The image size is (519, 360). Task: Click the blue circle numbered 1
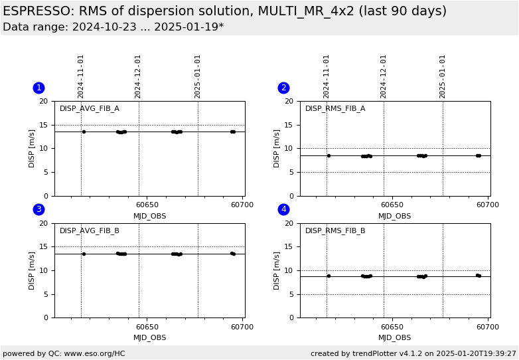pyautogui.click(x=38, y=88)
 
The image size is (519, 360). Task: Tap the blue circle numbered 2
pyautogui.click(x=283, y=88)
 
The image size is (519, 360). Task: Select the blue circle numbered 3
pyautogui.click(x=38, y=209)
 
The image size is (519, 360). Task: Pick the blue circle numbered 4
pyautogui.click(x=283, y=209)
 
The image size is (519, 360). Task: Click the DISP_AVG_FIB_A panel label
pyautogui.click(x=90, y=109)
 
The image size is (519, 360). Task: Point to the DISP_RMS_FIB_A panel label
pyautogui.click(x=335, y=109)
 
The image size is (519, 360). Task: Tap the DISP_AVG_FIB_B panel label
pyautogui.click(x=90, y=231)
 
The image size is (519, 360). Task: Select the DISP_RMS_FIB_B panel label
pyautogui.click(x=335, y=231)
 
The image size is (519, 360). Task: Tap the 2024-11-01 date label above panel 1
pyautogui.click(x=81, y=76)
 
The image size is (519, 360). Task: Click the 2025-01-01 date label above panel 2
pyautogui.click(x=443, y=76)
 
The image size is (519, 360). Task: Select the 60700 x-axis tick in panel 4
pyautogui.click(x=488, y=327)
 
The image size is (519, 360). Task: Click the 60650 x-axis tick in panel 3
pyautogui.click(x=147, y=327)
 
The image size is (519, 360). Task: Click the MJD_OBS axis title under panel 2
pyautogui.click(x=395, y=216)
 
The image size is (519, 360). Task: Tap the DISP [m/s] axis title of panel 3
pyautogui.click(x=32, y=270)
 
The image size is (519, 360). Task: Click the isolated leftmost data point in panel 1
pyautogui.click(x=84, y=132)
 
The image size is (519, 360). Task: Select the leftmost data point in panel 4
pyautogui.click(x=329, y=276)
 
